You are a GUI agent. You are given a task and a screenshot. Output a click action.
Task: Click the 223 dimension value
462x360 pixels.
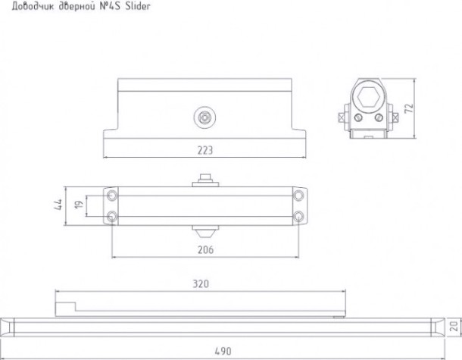point(204,150)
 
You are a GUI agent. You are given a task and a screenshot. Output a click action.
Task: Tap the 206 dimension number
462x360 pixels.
point(205,250)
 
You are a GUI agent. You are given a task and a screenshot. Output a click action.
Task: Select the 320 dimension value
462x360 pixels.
point(201,283)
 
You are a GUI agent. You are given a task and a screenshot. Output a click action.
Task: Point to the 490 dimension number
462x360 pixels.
point(223,351)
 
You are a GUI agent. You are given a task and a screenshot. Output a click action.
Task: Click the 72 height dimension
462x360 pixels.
point(409,108)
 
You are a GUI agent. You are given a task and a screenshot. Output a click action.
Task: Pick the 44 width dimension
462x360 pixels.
point(58,205)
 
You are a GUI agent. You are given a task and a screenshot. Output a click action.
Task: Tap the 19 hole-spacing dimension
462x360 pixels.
point(79,205)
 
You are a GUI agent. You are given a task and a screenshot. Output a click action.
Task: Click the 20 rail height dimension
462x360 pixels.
point(454,326)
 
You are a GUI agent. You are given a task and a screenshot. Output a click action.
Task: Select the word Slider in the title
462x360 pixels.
point(138,6)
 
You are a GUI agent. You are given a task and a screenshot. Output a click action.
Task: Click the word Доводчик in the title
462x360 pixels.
point(33,7)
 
